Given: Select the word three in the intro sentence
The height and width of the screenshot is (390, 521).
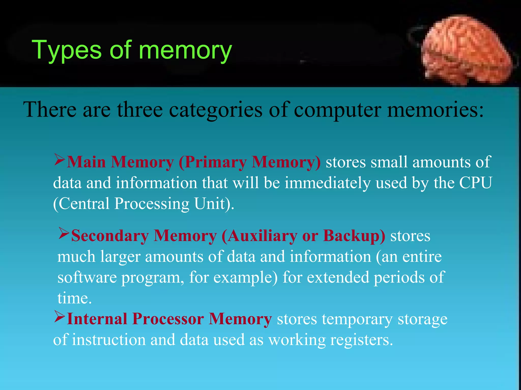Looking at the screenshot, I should tap(140, 110).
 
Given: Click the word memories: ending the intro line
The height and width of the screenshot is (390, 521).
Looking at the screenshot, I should tap(435, 110).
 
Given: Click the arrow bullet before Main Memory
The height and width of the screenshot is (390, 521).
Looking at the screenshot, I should tap(60, 160).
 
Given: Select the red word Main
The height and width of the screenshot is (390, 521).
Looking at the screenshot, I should tap(86, 162).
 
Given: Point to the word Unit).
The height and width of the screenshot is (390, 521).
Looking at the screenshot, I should tap(214, 204).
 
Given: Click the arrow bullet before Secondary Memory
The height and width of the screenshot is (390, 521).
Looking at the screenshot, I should tap(64, 233).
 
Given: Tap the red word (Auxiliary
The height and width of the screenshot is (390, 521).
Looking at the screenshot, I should tap(259, 236).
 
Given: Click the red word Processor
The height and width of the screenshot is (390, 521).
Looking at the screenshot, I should tap(168, 319).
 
